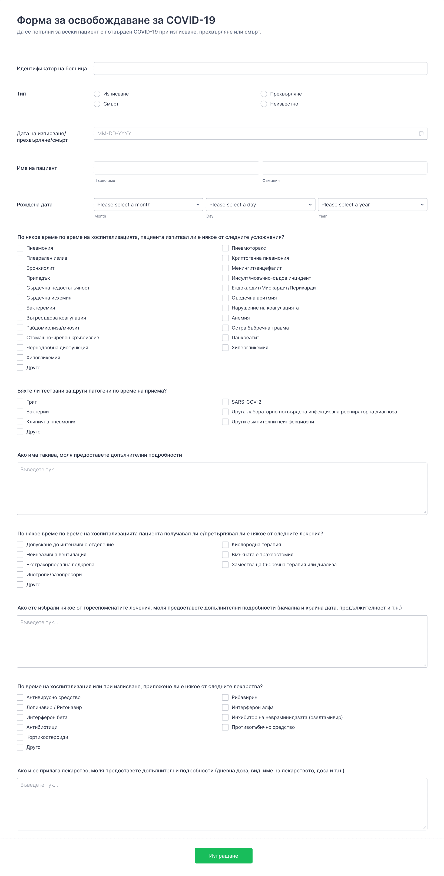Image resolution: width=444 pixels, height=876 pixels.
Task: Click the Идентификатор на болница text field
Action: tap(260, 68)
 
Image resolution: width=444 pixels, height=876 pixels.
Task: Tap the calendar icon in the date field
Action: tap(421, 133)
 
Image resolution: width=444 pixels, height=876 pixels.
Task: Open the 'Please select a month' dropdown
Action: tap(148, 204)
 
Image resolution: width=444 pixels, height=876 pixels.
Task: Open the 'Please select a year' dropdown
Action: tap(372, 204)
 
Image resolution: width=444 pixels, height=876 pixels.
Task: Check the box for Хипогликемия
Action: tap(20, 357)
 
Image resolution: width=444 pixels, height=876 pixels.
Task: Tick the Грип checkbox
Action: tap(20, 402)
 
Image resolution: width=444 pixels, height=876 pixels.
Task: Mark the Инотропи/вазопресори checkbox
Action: tap(20, 574)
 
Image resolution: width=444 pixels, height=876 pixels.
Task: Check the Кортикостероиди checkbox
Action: tap(20, 737)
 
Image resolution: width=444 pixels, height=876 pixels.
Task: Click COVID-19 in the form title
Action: tap(190, 20)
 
